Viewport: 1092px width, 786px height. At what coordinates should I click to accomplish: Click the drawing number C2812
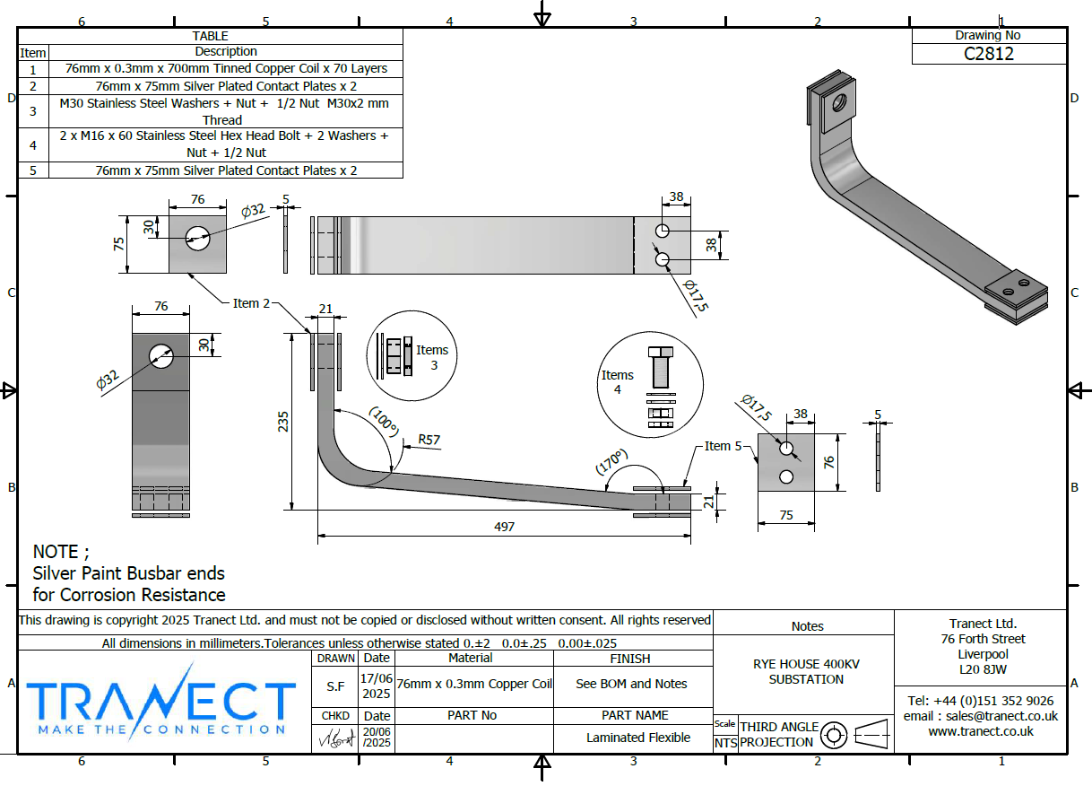click(x=989, y=53)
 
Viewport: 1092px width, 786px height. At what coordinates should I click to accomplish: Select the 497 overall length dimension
click(x=505, y=527)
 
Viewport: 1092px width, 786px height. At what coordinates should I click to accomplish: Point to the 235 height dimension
click(x=283, y=421)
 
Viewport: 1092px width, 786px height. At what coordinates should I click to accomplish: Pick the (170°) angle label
click(x=611, y=462)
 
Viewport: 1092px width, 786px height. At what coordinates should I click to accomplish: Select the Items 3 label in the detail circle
click(x=432, y=357)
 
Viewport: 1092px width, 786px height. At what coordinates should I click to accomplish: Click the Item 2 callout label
click(x=252, y=303)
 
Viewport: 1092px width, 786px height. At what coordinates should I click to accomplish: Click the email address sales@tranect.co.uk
click(x=980, y=716)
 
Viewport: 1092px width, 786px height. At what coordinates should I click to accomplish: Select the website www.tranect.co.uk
click(x=980, y=731)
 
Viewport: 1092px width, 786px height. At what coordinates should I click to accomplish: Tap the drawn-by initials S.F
click(x=333, y=684)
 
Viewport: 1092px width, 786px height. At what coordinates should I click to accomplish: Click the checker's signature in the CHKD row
click(x=333, y=740)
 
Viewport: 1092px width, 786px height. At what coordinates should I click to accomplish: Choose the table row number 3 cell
click(x=33, y=111)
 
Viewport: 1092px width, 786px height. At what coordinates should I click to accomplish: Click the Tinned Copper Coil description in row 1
click(x=226, y=68)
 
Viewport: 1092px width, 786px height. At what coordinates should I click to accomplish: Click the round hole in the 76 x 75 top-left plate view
click(x=197, y=238)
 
